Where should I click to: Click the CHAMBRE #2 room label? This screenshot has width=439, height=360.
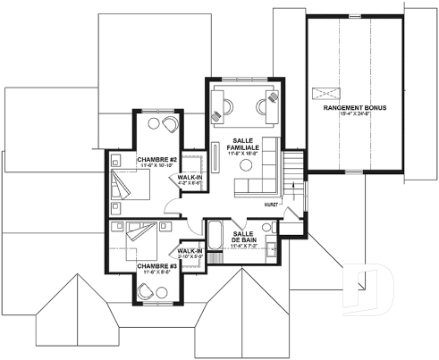click(155, 161)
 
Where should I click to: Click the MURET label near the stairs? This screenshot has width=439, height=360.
click(272, 205)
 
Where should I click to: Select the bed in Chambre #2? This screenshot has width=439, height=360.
click(131, 186)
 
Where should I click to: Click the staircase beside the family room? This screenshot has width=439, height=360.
click(293, 179)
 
